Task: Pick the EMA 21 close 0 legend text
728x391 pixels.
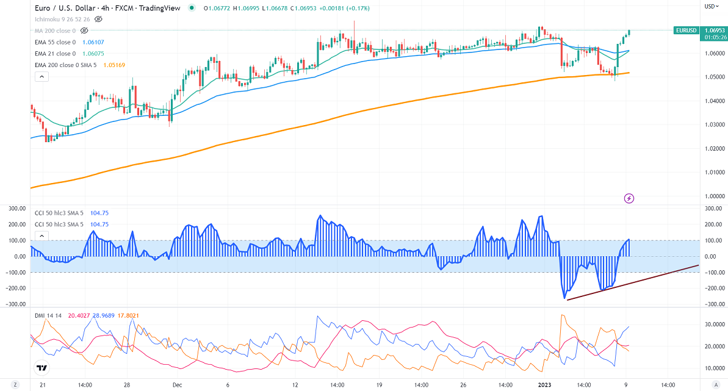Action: click(55, 54)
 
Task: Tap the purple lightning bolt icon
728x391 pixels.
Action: click(630, 198)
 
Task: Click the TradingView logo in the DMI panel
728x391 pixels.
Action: click(41, 368)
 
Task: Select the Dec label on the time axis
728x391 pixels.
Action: click(178, 385)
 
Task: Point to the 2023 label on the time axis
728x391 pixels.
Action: click(545, 385)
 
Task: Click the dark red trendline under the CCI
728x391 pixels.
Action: click(635, 282)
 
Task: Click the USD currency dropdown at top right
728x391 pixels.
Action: click(712, 7)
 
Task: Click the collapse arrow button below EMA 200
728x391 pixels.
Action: click(41, 77)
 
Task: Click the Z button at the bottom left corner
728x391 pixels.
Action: click(15, 385)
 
